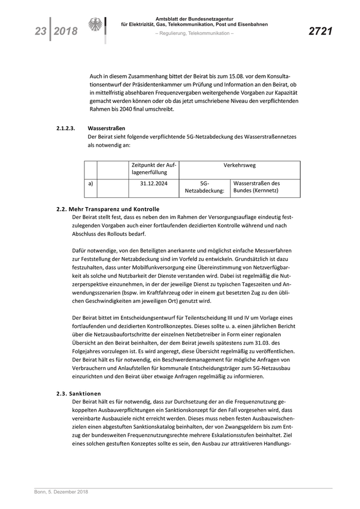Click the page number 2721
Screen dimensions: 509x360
320,31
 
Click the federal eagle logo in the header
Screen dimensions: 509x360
95,26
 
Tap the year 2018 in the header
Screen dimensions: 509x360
65,32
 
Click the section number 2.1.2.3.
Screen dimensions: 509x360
66,128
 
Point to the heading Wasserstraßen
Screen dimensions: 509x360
107,128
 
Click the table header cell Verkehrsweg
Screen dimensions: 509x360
239,166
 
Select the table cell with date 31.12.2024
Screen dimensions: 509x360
154,183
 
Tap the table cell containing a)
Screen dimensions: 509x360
91,183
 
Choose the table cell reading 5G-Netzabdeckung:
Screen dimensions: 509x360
205,187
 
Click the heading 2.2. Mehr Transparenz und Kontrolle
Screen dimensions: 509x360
107,209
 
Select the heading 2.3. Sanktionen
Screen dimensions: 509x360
79,393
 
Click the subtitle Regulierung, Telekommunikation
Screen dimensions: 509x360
194,33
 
